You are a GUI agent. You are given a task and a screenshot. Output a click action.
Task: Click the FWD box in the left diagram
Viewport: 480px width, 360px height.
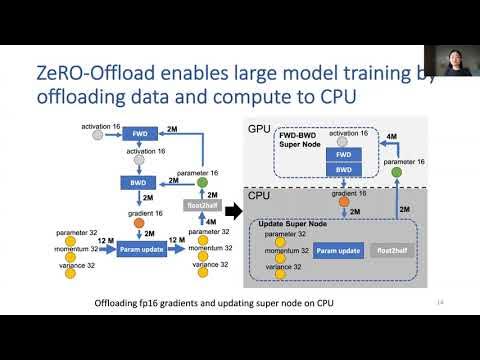point(141,134)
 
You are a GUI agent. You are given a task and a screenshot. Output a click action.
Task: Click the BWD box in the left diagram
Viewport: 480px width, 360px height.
point(134,183)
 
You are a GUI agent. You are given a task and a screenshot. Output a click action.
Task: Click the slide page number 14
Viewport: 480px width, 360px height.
point(441,303)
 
